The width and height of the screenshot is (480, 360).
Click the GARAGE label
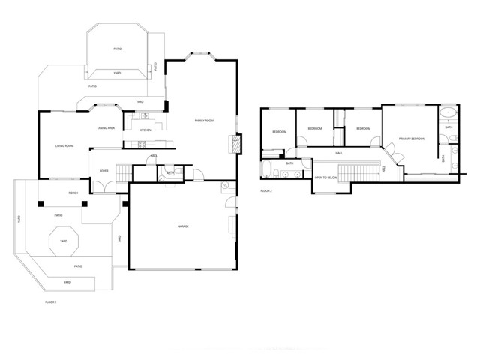point(182,226)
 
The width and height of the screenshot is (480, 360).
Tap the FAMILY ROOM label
point(204,121)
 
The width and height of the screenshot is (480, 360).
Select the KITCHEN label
point(145,130)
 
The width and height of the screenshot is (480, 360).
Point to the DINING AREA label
point(106,128)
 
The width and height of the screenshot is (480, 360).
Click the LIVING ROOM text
point(64,145)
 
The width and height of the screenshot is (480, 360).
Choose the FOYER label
point(104,171)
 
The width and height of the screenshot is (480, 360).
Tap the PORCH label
point(73,193)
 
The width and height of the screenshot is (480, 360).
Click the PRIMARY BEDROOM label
point(412,139)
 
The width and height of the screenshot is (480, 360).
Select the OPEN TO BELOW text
point(325,178)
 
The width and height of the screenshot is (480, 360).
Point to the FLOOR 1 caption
point(51,301)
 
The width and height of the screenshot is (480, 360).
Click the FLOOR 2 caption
point(265,191)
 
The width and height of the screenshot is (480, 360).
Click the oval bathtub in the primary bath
point(448,115)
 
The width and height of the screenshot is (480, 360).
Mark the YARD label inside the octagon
point(64,241)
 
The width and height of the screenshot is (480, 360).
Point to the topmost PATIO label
point(118,49)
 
